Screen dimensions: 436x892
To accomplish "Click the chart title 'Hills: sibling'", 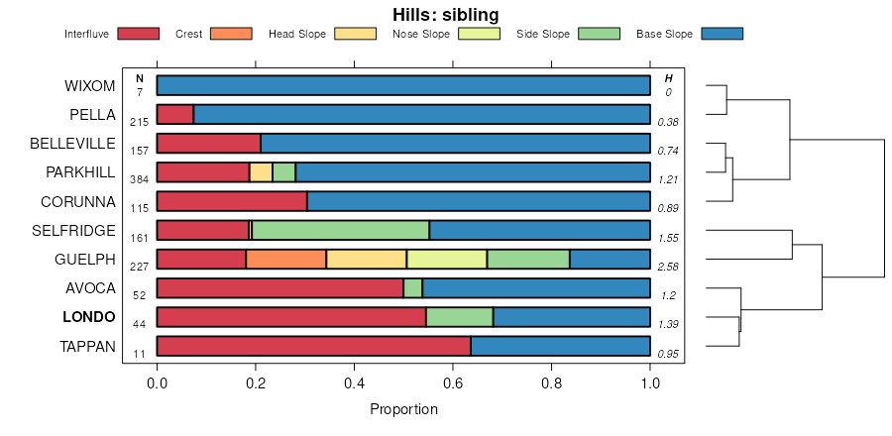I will pyautogui.click(x=445, y=15).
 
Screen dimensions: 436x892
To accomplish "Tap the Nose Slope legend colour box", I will pyautogui.click(x=479, y=34).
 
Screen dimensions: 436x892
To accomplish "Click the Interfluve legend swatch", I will pyautogui.click(x=138, y=34).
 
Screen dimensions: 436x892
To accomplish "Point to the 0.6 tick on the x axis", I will pyautogui.click(x=453, y=381).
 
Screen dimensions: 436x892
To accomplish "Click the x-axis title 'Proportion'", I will pyautogui.click(x=403, y=409).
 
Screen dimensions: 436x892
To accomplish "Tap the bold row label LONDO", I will pyautogui.click(x=89, y=318).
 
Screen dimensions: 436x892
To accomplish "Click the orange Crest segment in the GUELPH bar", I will pyautogui.click(x=285, y=260).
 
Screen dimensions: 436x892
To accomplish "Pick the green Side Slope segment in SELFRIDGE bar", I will pyautogui.click(x=341, y=231).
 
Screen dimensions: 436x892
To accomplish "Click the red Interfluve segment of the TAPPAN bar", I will pyautogui.click(x=313, y=347).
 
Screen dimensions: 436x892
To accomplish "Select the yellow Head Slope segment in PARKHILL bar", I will pyautogui.click(x=261, y=172).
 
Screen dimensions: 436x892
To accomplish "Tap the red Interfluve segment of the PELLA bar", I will pyautogui.click(x=175, y=114).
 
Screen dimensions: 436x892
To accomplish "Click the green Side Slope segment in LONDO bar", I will pyautogui.click(x=459, y=318).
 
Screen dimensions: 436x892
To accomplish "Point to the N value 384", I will pyautogui.click(x=139, y=180).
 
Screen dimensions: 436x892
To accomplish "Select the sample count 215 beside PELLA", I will pyautogui.click(x=139, y=122).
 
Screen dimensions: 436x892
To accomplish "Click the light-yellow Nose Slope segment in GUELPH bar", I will pyautogui.click(x=446, y=260).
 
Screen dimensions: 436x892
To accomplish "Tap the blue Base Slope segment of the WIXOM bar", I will pyautogui.click(x=403, y=85).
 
